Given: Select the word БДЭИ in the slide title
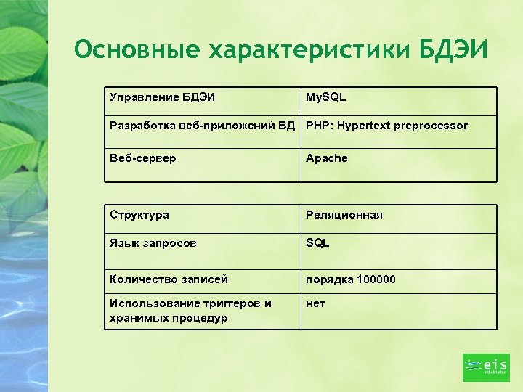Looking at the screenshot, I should (454, 50).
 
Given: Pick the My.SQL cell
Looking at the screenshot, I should (326, 97).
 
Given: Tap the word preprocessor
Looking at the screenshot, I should (431, 126).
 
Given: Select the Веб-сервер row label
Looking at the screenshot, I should (142, 158).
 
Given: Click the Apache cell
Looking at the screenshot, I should (327, 158).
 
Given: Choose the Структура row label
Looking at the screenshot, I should (139, 215).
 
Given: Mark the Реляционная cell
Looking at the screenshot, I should (344, 215).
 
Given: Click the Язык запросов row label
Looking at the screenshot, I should (153, 243).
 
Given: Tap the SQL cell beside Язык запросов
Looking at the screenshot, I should (317, 243).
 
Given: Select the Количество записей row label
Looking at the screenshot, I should (169, 279).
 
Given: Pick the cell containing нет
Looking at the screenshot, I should (315, 303).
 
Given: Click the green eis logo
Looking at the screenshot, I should (486, 367).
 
